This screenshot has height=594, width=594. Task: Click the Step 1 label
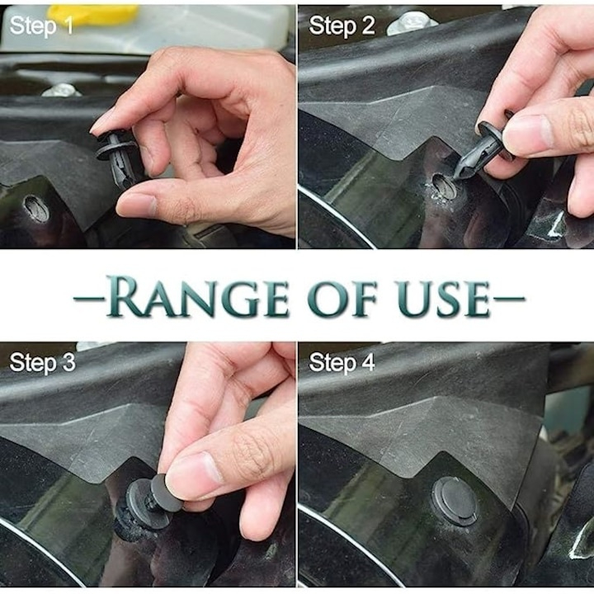(41, 26)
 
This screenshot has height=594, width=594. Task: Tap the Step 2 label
(341, 26)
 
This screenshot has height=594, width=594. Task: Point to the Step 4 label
(341, 362)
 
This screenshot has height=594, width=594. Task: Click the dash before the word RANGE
(89, 299)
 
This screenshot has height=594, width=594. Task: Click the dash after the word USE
(507, 299)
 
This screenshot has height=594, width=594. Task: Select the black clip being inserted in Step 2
(478, 153)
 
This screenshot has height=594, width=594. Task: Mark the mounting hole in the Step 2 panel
(444, 188)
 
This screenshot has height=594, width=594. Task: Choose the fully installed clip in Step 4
(455, 500)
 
